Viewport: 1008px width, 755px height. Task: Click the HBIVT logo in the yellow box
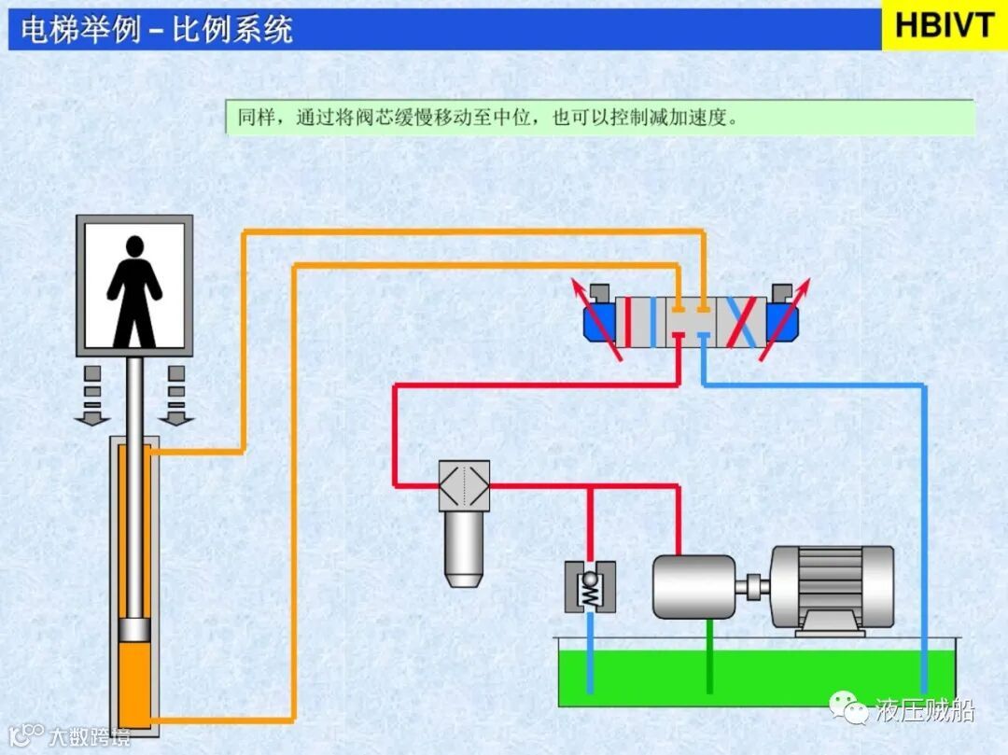(x=945, y=25)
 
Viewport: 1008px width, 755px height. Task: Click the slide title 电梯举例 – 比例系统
(x=157, y=30)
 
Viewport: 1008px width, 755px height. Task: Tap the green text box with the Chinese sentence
(x=599, y=119)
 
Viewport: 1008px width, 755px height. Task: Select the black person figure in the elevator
(x=135, y=289)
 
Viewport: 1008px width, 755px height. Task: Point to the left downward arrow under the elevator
(x=91, y=396)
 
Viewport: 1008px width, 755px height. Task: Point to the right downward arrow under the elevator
(x=175, y=396)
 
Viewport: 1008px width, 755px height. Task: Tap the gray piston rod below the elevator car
(x=135, y=485)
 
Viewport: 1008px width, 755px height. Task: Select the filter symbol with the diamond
(x=464, y=485)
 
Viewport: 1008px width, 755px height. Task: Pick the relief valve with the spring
(x=590, y=587)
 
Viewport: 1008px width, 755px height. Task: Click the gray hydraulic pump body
(x=694, y=586)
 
